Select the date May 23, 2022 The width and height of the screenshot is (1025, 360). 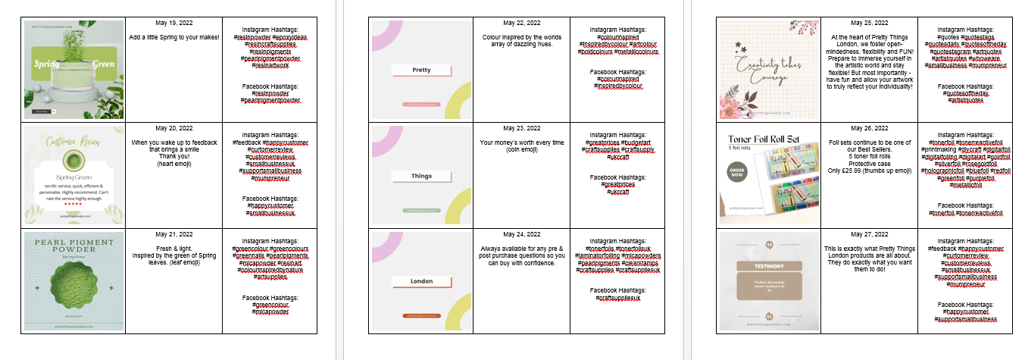pos(521,128)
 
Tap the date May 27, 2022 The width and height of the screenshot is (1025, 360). pos(869,234)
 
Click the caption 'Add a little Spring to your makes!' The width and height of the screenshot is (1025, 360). pos(173,37)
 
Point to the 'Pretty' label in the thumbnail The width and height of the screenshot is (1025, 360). pos(421,70)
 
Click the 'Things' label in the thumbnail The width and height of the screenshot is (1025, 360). pos(421,176)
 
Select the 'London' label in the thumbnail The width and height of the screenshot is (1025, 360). pos(421,281)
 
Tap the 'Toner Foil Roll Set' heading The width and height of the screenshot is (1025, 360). pos(764,139)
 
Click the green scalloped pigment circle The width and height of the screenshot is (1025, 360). pos(73,288)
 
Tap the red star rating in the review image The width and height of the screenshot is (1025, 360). pos(73,203)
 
